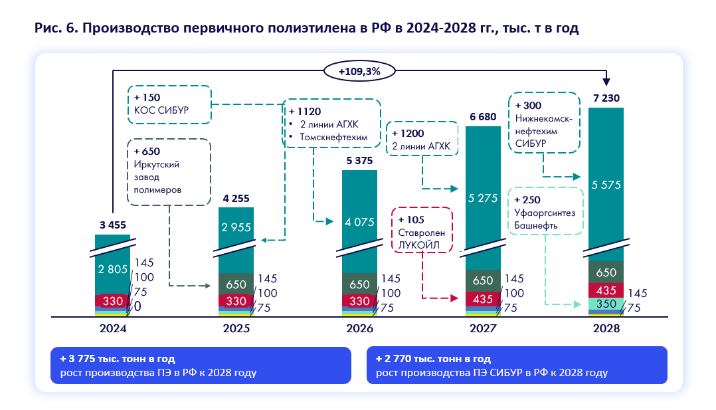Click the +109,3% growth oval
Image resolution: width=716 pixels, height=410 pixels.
[x=359, y=70]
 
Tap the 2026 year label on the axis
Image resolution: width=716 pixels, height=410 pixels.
[x=359, y=328]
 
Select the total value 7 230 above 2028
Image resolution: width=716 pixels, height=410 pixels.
[x=606, y=97]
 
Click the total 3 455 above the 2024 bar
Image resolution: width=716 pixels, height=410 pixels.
[x=112, y=224]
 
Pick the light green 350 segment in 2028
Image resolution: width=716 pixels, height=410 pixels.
[x=606, y=304]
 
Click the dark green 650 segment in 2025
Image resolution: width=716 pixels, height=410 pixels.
[x=236, y=284]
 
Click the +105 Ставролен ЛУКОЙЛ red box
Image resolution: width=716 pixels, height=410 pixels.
[x=422, y=229]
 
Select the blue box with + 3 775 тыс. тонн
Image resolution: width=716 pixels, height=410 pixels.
[x=200, y=365]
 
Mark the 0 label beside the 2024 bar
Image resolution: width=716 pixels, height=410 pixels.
[x=137, y=306]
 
